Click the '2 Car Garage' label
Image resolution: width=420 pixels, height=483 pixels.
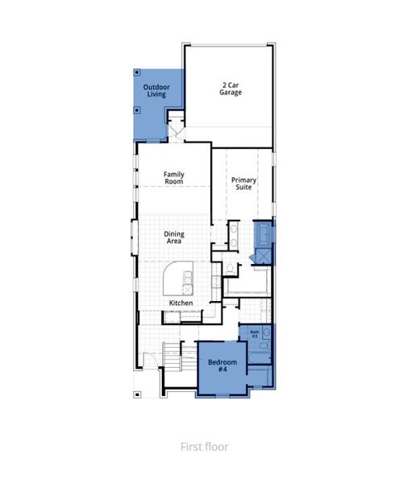(x=231, y=88)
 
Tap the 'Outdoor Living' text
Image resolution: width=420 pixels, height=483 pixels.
(x=156, y=90)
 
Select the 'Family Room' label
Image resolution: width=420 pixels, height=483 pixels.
(x=173, y=177)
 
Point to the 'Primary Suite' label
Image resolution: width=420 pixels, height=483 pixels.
(x=242, y=183)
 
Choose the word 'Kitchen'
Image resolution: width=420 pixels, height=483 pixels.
(x=180, y=303)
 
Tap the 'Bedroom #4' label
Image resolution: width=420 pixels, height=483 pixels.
(x=222, y=366)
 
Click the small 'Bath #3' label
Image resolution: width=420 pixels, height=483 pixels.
(x=254, y=333)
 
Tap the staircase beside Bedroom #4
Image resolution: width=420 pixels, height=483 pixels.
(x=173, y=355)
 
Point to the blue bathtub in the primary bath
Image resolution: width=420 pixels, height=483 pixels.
(x=263, y=234)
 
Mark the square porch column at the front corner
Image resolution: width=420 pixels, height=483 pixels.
(x=137, y=394)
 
